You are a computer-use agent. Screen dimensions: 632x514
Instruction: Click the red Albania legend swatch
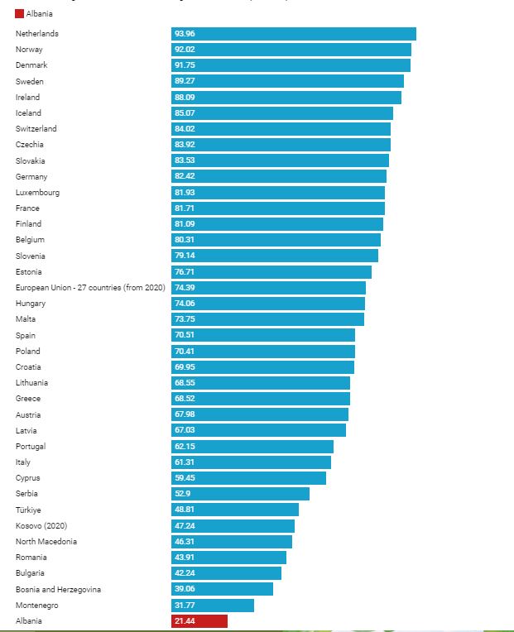tap(20, 14)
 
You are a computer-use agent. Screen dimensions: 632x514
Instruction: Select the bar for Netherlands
tap(294, 34)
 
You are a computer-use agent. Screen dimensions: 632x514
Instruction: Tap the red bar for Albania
tap(199, 620)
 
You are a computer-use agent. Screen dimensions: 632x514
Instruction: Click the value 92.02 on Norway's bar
tap(185, 50)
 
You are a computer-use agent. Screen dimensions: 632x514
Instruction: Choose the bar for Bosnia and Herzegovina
tap(222, 589)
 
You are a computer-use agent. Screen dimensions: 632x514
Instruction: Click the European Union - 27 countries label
tap(90, 287)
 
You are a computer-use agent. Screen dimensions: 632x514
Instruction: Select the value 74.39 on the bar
tap(185, 287)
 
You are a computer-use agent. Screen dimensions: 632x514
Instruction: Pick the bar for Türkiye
tap(235, 510)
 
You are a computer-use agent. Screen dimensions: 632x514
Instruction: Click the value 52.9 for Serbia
tap(182, 494)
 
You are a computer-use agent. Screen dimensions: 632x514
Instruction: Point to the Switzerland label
tap(36, 129)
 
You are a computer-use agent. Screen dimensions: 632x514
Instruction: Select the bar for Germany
tap(279, 176)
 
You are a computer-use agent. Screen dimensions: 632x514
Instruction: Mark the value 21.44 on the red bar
tap(185, 620)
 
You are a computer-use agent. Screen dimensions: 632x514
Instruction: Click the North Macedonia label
tap(46, 541)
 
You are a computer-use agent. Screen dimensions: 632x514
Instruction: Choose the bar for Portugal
tap(252, 446)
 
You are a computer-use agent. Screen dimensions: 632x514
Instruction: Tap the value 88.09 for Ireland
tap(185, 97)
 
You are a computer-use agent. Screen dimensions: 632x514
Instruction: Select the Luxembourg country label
tap(37, 192)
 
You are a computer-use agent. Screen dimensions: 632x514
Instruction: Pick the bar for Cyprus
tap(248, 478)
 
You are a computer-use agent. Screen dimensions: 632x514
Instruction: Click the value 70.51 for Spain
tap(185, 335)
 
